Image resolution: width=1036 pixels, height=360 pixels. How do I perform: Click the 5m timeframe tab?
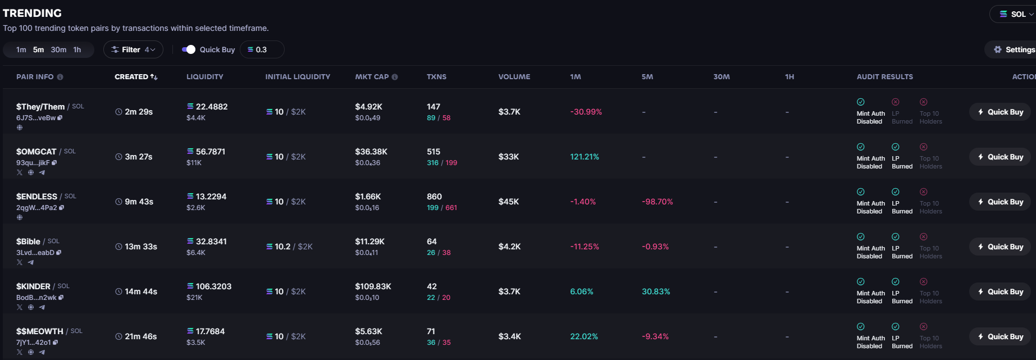point(38,49)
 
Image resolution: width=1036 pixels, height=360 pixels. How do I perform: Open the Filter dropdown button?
point(133,49)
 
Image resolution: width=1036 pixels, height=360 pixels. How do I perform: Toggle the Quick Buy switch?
point(189,49)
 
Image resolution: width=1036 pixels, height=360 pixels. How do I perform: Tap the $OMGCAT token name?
point(36,152)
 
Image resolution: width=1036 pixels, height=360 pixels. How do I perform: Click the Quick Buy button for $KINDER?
point(1000,291)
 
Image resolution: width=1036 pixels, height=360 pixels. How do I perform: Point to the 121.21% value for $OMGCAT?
point(585,157)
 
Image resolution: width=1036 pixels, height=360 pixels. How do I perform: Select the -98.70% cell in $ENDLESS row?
point(657,202)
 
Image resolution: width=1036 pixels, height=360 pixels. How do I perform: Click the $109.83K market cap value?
point(373,286)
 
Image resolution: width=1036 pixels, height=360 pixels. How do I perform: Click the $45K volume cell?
point(509,202)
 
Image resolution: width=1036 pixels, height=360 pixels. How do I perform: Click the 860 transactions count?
point(434,197)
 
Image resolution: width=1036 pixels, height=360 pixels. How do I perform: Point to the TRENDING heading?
point(32,13)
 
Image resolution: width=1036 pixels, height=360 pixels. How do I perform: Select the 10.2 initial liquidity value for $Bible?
point(279,247)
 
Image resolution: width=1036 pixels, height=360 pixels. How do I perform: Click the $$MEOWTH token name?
point(40,331)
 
